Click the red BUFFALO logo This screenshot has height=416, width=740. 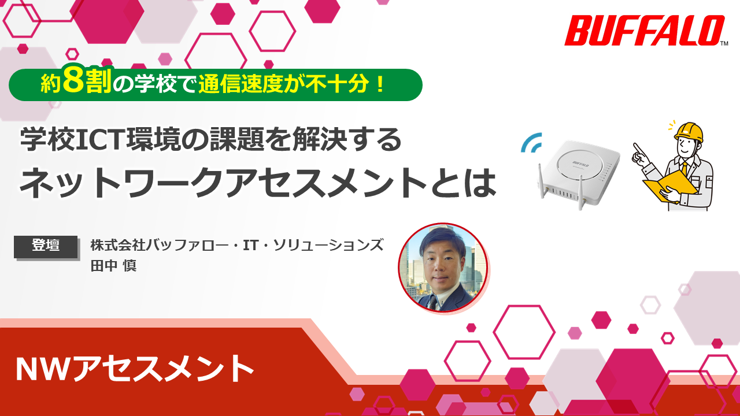644,31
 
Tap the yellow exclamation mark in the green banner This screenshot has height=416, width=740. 380,84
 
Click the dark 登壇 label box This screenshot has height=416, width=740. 46,247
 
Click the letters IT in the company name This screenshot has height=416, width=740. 250,245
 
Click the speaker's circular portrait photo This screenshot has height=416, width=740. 443,268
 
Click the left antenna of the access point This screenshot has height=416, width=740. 542,181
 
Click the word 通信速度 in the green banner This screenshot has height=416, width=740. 240,84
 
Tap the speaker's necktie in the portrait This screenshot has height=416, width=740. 434,302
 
